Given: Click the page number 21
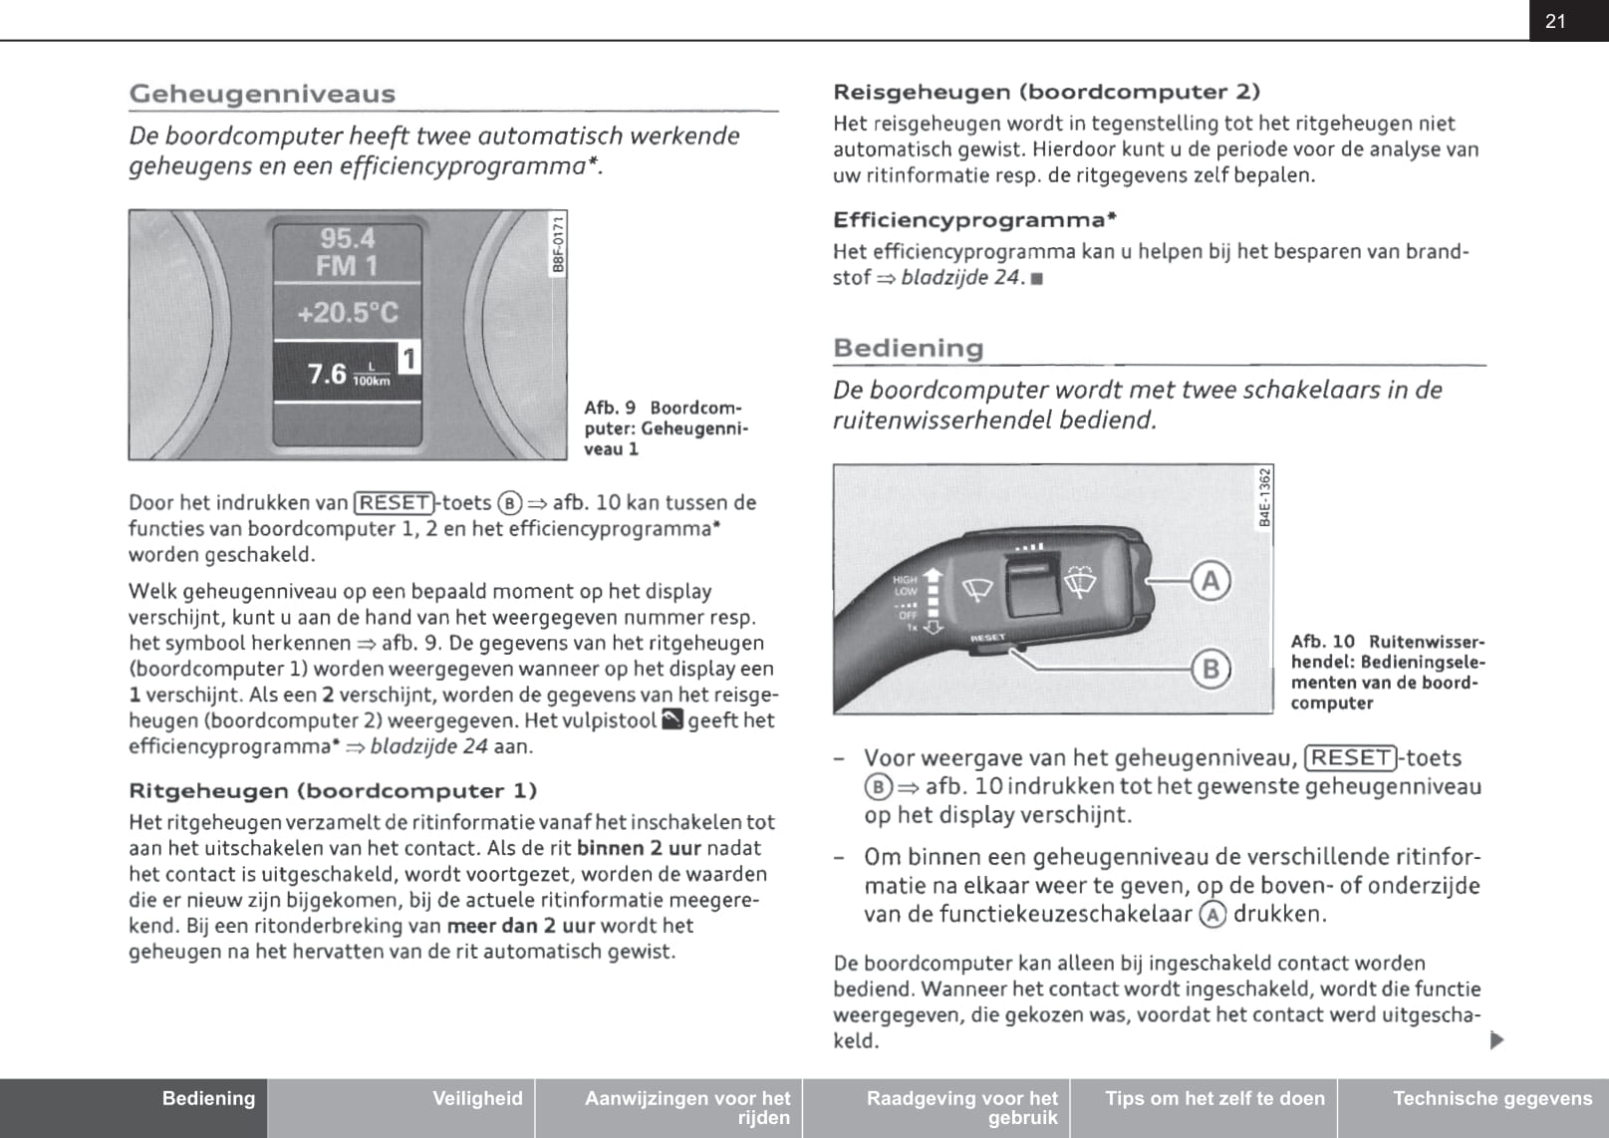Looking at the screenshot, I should (1555, 21).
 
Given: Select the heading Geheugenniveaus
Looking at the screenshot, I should (262, 94).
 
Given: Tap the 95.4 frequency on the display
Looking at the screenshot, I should (347, 238).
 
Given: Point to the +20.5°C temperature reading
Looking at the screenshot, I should (347, 313).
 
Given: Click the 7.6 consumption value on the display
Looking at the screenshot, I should (327, 374).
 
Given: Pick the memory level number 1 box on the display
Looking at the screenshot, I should (408, 358).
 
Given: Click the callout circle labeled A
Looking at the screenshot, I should (1210, 580).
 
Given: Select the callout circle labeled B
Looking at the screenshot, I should (1210, 668).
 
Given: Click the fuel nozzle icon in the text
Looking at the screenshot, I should (672, 719).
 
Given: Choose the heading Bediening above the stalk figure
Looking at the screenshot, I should (908, 348).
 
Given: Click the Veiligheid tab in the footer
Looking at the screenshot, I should (477, 1098).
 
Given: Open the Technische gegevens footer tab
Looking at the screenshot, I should (1491, 1098).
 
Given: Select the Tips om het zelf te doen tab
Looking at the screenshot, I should (1214, 1098).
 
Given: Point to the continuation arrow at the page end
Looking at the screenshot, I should (1495, 1040).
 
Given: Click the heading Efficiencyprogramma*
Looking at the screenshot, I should (974, 219).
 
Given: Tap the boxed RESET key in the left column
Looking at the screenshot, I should (395, 502).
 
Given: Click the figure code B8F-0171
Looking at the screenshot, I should (558, 243).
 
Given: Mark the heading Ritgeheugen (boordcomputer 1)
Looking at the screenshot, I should (333, 791).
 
